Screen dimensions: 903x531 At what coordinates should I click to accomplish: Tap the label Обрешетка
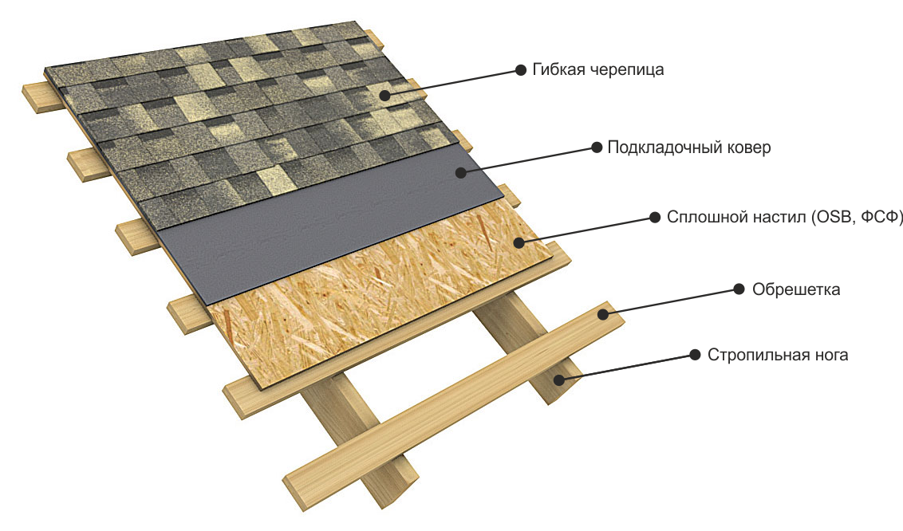tap(796, 289)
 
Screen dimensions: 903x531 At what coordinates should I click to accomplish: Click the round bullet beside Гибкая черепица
tap(521, 70)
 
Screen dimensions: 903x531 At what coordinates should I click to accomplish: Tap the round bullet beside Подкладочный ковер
tap(597, 147)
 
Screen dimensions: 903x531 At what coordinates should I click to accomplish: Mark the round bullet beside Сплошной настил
tap(655, 218)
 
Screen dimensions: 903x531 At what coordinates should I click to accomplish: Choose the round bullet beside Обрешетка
tap(739, 289)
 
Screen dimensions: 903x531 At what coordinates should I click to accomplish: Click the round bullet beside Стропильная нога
tap(695, 355)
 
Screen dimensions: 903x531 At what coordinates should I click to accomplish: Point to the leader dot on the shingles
tap(384, 95)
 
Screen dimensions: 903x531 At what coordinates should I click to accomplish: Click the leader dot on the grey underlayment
tap(460, 172)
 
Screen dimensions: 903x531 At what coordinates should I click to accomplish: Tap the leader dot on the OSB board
tap(519, 242)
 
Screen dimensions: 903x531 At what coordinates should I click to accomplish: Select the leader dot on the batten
tap(602, 314)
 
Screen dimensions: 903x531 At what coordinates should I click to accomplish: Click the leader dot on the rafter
tap(558, 380)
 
